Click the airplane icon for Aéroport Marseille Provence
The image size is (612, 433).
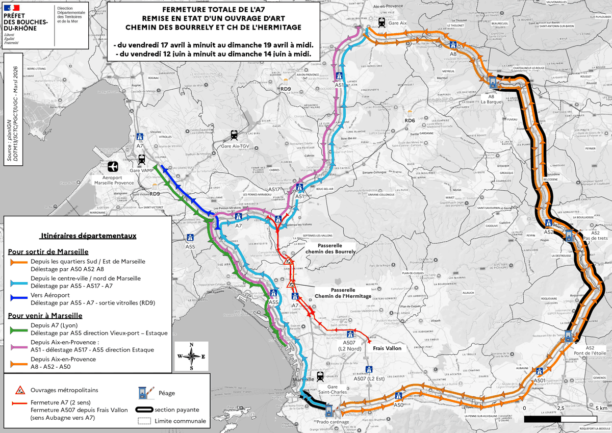click(x=113, y=167)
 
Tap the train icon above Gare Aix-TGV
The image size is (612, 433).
click(x=234, y=135)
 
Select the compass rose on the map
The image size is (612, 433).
click(x=191, y=356)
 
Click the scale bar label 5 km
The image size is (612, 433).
click(x=600, y=409)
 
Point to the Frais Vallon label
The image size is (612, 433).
click(x=387, y=348)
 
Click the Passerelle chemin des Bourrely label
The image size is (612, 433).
click(x=330, y=248)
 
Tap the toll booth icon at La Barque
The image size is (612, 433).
click(x=493, y=82)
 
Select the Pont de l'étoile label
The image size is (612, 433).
click(x=589, y=351)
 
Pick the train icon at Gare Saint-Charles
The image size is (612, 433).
click(x=320, y=377)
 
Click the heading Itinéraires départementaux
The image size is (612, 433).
click(x=87, y=236)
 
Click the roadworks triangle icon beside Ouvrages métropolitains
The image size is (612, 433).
click(x=20, y=390)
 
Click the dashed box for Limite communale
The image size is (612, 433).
click(x=145, y=421)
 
